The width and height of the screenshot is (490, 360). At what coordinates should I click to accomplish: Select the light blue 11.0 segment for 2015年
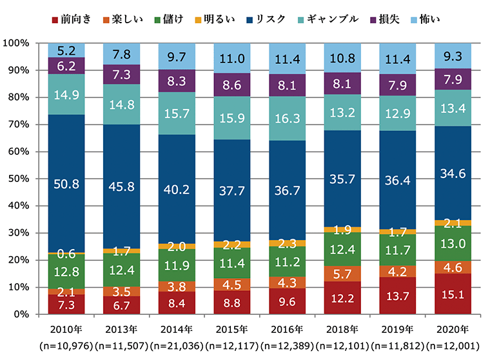[231, 58]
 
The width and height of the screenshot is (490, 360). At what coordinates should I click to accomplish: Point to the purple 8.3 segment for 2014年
[177, 81]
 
